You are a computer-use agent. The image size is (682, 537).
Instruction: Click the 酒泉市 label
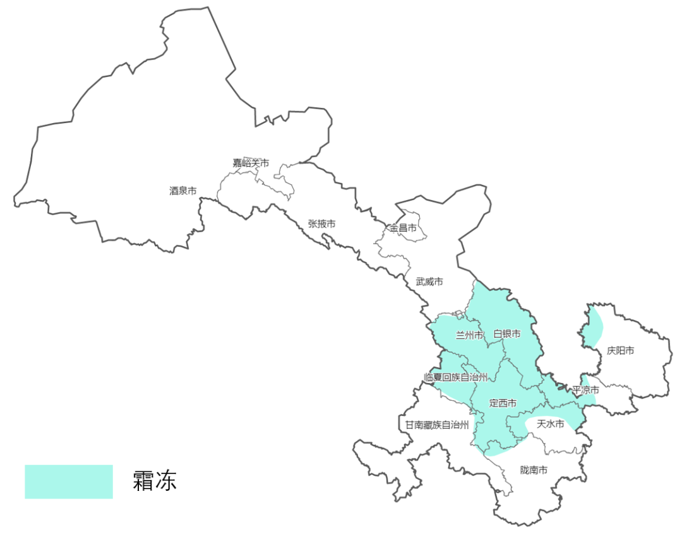[182, 190]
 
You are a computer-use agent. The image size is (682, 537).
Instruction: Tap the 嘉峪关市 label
[251, 163]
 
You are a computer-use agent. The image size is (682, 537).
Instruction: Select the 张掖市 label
[321, 224]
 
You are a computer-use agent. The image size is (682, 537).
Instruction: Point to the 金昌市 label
[403, 228]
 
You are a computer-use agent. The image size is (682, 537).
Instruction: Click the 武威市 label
[429, 281]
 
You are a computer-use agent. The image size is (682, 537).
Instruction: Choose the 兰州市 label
[469, 334]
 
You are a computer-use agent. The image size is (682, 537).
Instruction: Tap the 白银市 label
[506, 334]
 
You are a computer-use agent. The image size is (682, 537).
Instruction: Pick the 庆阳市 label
[620, 350]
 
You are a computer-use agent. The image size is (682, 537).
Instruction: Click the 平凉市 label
[585, 391]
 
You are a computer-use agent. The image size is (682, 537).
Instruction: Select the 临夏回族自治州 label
[456, 377]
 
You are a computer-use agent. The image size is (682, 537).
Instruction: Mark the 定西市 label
[503, 403]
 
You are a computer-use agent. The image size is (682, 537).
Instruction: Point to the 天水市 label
[549, 424]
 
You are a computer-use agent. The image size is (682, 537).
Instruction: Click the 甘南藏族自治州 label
[437, 425]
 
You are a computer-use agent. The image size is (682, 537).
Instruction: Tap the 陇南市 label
[534, 470]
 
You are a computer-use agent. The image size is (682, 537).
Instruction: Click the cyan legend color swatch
[69, 482]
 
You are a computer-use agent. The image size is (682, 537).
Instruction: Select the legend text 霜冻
[155, 481]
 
